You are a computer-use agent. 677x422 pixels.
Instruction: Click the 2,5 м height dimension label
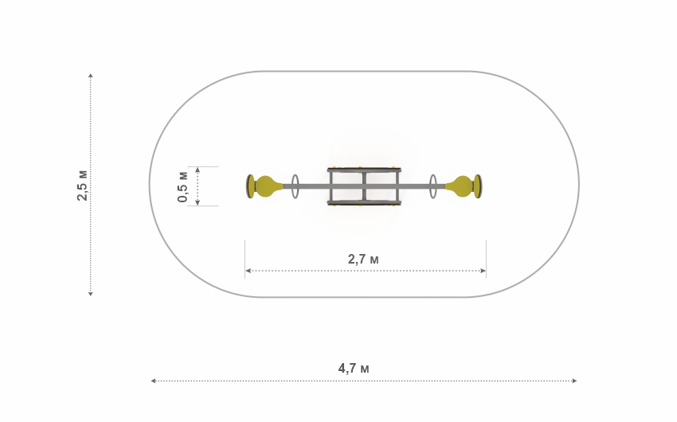coord(82,186)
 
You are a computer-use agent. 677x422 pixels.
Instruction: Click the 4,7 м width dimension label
coord(354,368)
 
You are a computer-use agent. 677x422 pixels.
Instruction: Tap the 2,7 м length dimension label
coord(363,259)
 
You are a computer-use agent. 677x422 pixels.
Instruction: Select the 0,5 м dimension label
coord(182,187)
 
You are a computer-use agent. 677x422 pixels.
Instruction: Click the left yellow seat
coord(266,186)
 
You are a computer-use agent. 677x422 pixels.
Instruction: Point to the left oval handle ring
coord(295,186)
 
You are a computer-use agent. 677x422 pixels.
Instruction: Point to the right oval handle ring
coord(433,186)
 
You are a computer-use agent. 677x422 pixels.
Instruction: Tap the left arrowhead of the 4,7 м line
coord(153,381)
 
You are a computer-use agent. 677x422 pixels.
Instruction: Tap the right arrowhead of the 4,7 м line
coord(574,381)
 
